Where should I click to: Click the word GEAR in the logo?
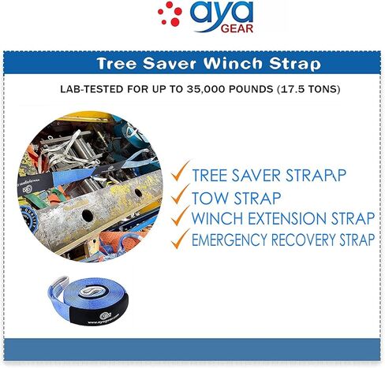[237, 28]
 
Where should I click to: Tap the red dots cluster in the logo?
[170, 14]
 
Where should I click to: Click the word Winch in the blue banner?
[234, 63]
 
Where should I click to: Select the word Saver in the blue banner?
[170, 64]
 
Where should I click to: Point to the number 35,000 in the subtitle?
[206, 89]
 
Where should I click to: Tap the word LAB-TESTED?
[92, 89]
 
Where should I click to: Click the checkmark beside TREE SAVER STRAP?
[180, 171]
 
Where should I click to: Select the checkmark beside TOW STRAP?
[180, 194]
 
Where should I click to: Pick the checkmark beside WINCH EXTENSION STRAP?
[180, 216]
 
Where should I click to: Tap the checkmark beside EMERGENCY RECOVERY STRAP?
[180, 239]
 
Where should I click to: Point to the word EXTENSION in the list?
[287, 218]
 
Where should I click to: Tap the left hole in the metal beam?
[88, 215]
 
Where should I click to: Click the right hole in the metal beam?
[138, 193]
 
